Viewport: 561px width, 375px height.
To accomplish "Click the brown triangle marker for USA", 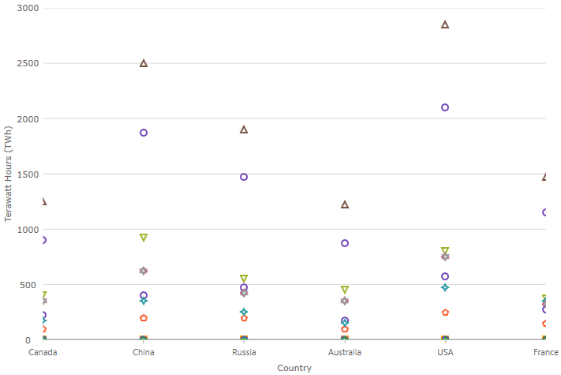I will coord(445,24).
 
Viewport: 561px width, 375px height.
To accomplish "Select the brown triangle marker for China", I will coord(144,63).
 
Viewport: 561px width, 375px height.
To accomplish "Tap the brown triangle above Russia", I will coord(244,129).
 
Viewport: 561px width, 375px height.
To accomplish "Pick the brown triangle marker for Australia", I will coord(345,204).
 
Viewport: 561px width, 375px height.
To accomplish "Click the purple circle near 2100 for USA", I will coord(445,107).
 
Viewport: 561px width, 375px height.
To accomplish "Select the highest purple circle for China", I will coord(144,133).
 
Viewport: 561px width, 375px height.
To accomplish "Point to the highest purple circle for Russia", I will coord(244,177).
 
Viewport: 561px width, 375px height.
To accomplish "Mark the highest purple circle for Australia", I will coord(345,243).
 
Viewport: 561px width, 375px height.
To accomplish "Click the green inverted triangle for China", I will coord(144,238).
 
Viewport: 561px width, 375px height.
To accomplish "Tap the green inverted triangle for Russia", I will coord(244,279).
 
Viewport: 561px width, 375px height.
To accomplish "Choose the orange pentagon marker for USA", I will coord(445,313).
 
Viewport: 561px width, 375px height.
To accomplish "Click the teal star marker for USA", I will coord(445,287).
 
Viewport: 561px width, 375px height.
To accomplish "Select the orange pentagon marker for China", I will coord(144,318).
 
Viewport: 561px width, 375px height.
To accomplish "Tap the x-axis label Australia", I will coord(345,352).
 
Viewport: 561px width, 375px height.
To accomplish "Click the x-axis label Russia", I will coord(244,352).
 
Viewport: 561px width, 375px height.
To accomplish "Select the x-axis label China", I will coord(144,352).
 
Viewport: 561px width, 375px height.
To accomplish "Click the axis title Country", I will coord(294,368).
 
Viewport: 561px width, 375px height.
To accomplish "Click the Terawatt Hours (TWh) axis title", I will coord(9,174).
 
